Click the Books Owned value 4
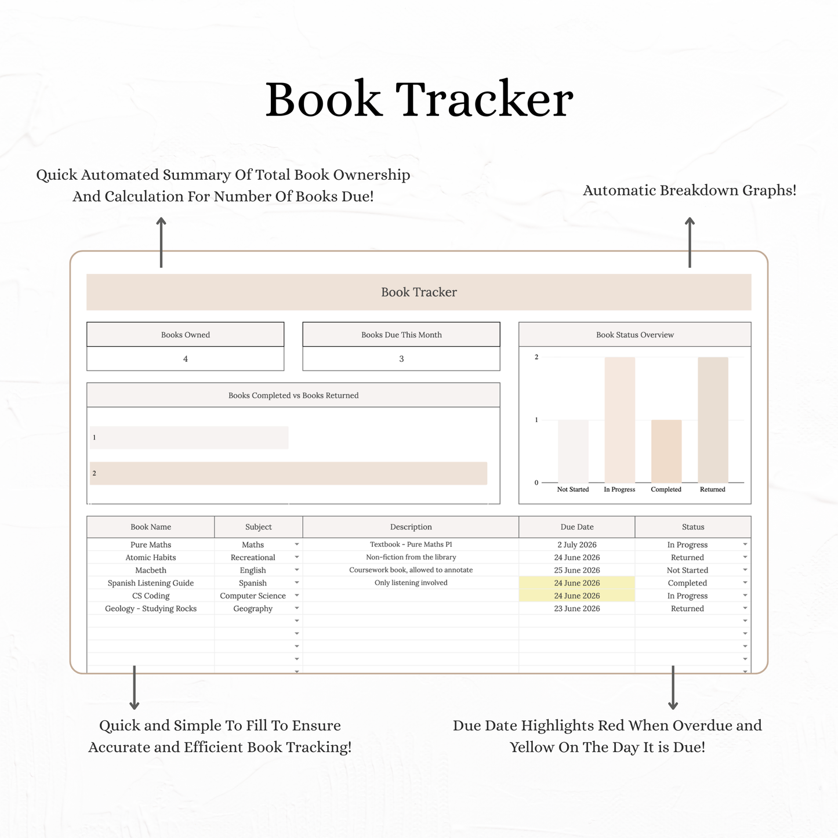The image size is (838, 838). pos(185,359)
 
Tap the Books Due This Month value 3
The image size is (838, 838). pos(401,359)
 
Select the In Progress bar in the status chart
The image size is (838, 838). pos(620,420)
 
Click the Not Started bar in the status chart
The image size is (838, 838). pos(573,451)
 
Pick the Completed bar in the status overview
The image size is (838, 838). pos(666,451)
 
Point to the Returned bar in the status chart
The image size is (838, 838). pos(713,420)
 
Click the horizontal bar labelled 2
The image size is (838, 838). pos(288,473)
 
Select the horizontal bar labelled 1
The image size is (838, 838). pos(188,437)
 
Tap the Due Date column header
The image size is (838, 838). pos(576,527)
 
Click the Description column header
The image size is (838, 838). pos(411,527)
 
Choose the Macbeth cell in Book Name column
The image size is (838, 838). pos(150,570)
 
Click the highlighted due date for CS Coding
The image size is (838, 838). pos(576,596)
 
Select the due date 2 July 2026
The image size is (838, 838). pos(576,545)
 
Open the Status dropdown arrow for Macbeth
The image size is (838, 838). pos(745,569)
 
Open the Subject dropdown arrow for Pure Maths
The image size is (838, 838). pos(296,544)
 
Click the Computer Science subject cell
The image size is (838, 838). pos(253,596)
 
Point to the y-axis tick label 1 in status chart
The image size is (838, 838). pos(536,420)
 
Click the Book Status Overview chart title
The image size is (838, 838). pos(634,335)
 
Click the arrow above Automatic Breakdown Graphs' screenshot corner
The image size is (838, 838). pos(690,242)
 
